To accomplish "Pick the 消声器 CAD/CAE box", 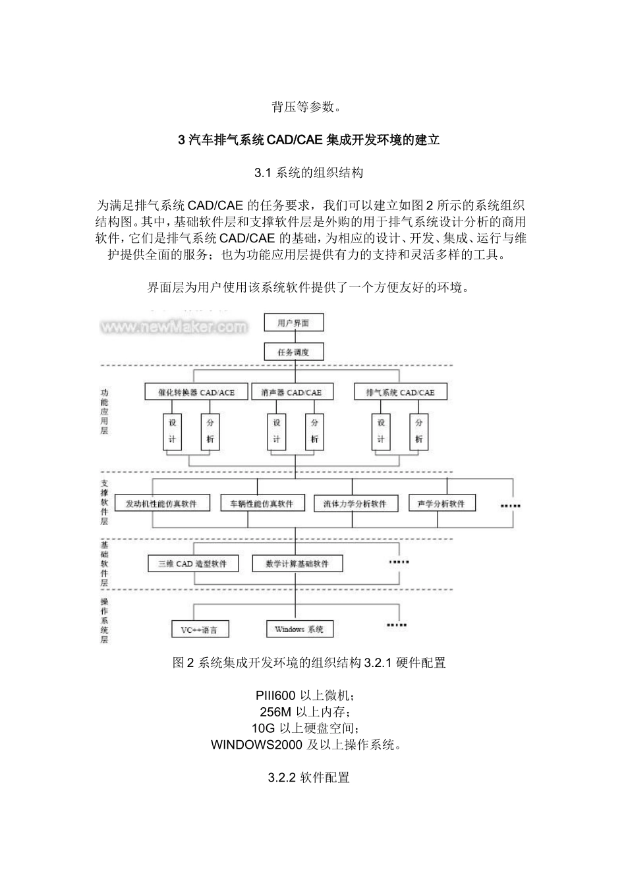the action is [x=292, y=392].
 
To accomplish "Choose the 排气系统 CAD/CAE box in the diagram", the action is [x=400, y=392].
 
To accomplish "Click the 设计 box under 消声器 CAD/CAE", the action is [x=277, y=431].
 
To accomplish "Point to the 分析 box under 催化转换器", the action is [x=210, y=431].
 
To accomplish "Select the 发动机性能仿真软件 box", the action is [x=161, y=504].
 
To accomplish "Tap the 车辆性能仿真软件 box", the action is [x=262, y=504].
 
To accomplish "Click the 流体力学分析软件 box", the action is [x=355, y=504].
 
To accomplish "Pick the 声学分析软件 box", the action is [x=441, y=504].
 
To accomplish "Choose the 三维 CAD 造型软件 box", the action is [x=192, y=564].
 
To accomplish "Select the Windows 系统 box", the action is [x=299, y=630].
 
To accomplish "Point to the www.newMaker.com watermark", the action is [x=175, y=327].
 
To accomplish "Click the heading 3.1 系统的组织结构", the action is [x=309, y=173].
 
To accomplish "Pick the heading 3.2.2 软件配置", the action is [x=309, y=778].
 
